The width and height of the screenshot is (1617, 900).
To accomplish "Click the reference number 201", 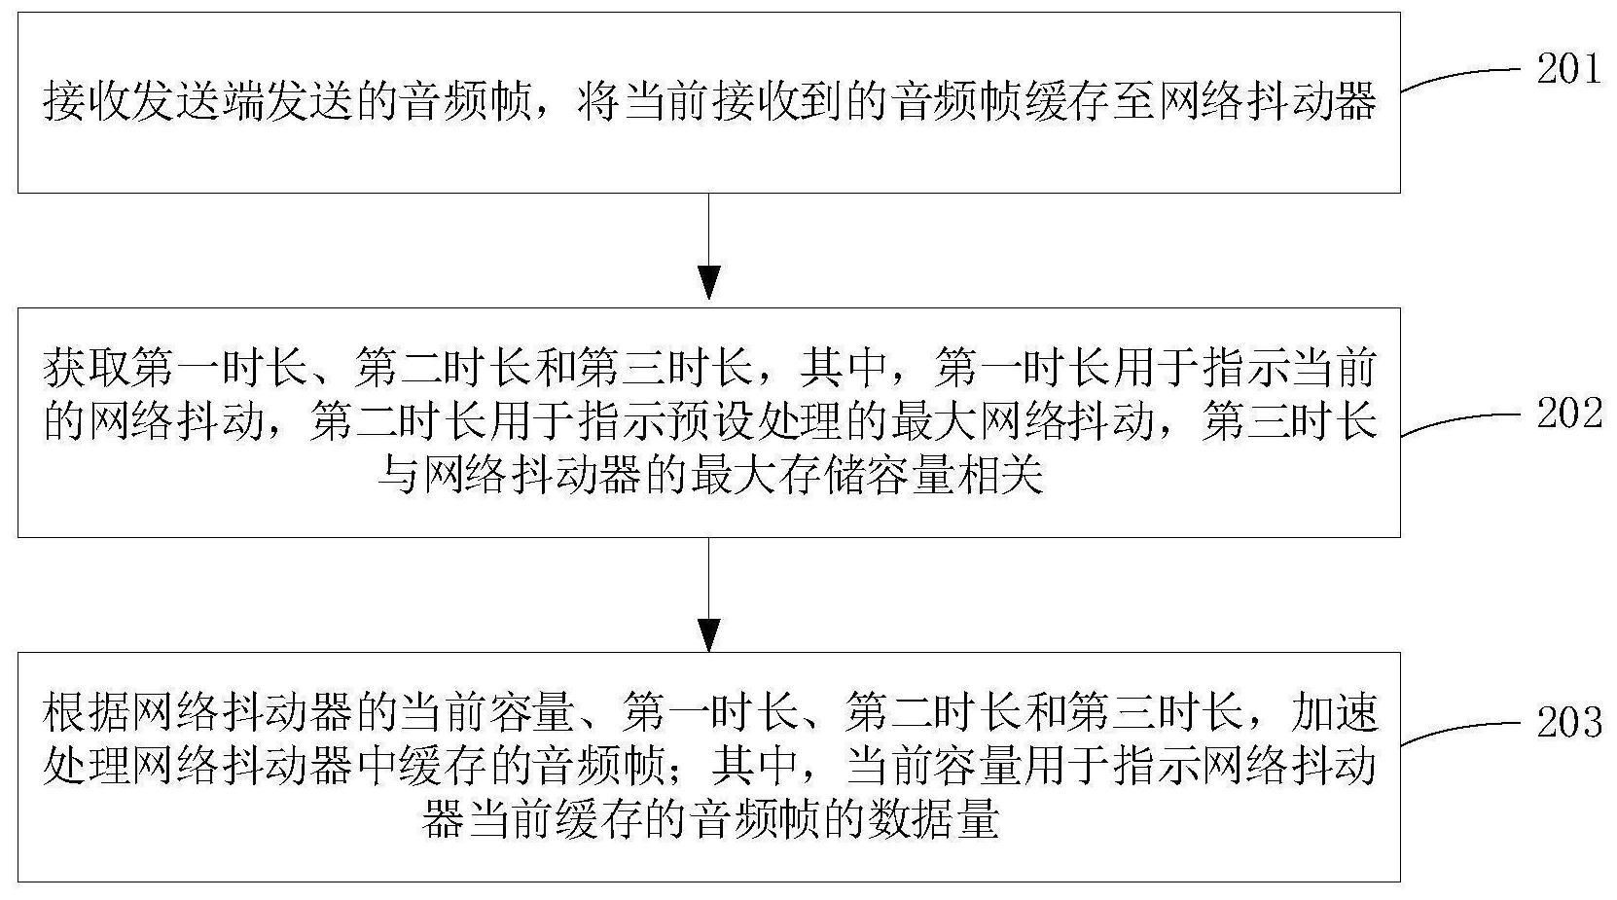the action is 1569,69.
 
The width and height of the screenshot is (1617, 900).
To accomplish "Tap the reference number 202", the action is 1569,414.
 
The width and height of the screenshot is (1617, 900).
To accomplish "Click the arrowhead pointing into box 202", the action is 709,282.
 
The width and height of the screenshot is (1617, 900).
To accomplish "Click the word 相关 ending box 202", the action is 998,477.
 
